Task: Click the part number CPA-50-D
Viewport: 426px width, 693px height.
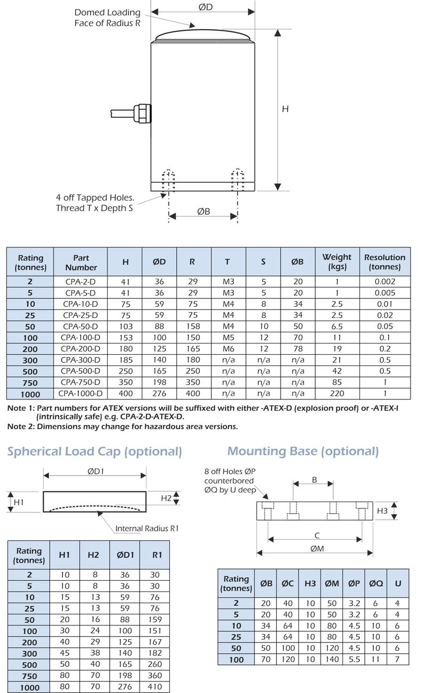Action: pos(80,327)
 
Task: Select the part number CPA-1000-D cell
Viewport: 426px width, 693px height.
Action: pos(80,394)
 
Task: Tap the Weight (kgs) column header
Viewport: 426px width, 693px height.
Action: pos(337,261)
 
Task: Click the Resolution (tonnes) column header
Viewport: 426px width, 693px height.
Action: pos(384,261)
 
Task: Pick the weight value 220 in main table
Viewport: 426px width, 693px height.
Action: pos(337,394)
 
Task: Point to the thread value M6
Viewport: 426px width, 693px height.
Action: pos(227,349)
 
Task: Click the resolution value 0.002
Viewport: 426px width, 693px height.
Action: pos(384,282)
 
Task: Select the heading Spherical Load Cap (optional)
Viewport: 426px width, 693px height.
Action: pos(95,452)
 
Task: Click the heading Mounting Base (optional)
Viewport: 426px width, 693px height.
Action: pos(302,451)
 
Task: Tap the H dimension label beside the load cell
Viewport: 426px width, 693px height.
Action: pos(285,109)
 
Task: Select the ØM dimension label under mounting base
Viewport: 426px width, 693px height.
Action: pos(316,549)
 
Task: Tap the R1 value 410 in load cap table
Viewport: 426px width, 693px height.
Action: pos(157,687)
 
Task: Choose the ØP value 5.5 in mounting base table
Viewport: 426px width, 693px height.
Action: pos(353,659)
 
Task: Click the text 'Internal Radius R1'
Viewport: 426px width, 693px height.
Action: pos(147,528)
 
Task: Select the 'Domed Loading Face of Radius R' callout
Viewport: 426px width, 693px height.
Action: pos(107,18)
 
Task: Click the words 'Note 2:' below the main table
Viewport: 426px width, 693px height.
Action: pos(21,427)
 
